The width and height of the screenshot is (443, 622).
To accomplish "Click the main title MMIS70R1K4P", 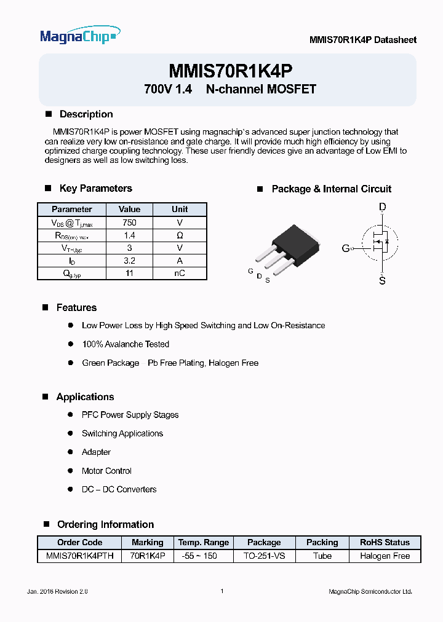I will (230, 70).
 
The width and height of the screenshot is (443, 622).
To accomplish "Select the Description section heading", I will (86, 114).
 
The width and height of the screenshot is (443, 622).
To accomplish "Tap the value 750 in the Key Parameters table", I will (129, 222).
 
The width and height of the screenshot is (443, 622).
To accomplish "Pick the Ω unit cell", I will (180, 235).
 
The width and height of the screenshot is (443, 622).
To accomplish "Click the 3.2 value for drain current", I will (129, 261).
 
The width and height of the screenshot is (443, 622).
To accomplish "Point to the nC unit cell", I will (180, 274).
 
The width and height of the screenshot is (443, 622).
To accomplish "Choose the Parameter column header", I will (72, 210).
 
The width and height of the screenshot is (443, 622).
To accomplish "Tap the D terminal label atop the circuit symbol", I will (382, 208).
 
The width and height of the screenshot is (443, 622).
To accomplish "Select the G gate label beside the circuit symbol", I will (345, 248).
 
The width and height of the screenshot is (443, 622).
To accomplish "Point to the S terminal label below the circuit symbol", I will (382, 281).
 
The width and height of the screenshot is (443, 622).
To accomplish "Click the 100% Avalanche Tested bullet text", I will (126, 344).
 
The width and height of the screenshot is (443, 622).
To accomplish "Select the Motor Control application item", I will (106, 471).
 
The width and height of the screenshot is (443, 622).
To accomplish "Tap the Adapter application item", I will (96, 452).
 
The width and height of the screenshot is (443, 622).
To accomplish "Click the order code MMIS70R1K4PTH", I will (80, 556).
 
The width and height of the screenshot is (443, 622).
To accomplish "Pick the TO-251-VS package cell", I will (264, 556).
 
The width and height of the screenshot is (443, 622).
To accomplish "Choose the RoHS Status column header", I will (385, 543).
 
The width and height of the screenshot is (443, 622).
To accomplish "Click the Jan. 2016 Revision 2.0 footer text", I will (58, 591).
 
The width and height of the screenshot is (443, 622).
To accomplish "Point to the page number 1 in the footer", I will (221, 591).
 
